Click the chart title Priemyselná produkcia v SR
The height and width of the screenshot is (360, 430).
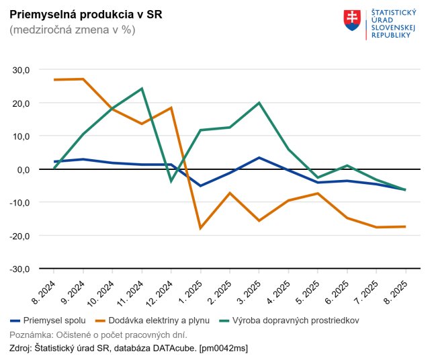tap(85, 14)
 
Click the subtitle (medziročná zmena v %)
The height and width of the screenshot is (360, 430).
tap(73, 30)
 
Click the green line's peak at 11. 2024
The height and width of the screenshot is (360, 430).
tap(142, 89)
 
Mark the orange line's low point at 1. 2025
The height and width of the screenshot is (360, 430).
tap(200, 228)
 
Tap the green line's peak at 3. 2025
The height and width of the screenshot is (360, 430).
tap(259, 103)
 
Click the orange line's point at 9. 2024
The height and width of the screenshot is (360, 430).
tap(83, 79)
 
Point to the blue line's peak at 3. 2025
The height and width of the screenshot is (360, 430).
tap(259, 158)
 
